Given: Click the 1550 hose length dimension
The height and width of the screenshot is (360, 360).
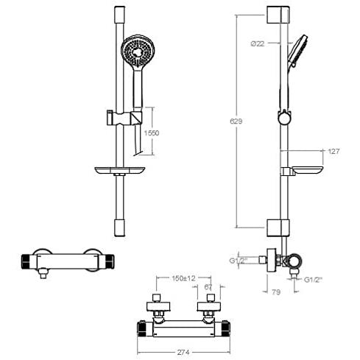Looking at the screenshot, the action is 152,133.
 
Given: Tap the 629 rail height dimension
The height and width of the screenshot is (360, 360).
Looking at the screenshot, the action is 236,121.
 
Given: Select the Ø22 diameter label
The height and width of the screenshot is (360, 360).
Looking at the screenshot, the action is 258,43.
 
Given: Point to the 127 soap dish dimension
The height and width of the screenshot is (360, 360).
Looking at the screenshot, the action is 333,151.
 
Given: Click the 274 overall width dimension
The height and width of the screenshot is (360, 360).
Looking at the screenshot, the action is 183,353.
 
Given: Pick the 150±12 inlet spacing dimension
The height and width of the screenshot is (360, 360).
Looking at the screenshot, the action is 183,278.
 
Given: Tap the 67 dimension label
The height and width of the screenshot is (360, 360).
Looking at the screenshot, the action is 208,287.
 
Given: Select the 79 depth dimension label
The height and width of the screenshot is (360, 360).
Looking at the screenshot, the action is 276,292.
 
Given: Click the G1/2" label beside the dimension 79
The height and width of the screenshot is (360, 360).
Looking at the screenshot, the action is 313,280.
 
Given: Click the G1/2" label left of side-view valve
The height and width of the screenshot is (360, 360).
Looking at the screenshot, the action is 237,261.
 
